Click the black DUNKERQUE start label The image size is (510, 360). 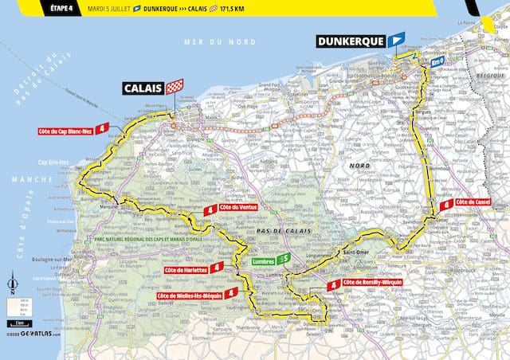[x=350, y=41]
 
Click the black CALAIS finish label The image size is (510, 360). [x=142, y=87]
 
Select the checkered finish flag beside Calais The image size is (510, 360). [x=173, y=86]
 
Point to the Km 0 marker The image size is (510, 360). [x=436, y=61]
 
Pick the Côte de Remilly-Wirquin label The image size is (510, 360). [x=372, y=283]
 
